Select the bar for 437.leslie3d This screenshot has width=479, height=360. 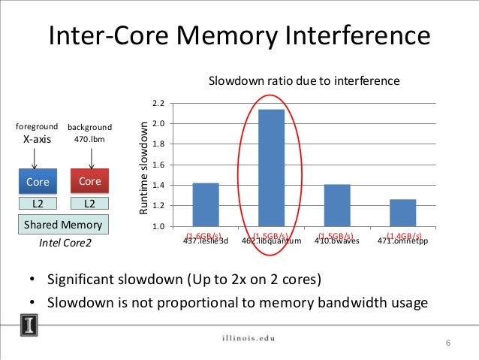[205, 204]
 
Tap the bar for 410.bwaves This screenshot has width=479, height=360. [337, 205]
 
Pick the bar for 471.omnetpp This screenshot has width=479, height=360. [403, 213]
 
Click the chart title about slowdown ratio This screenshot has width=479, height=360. [303, 80]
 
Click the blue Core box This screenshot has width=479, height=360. [38, 182]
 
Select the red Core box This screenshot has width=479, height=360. [90, 182]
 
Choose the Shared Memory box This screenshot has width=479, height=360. [63, 225]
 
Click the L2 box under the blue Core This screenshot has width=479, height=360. [38, 204]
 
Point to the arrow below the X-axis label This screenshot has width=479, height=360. [35, 158]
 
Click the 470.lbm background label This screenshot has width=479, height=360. [90, 140]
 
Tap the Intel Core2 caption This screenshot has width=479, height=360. [63, 244]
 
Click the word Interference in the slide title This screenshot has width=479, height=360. [355, 37]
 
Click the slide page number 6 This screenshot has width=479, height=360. [447, 343]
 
